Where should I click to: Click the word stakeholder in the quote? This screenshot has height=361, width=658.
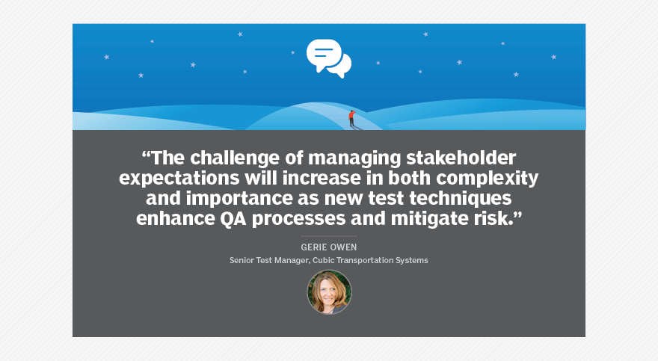click(x=461, y=158)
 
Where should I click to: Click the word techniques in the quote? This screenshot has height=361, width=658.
click(x=461, y=199)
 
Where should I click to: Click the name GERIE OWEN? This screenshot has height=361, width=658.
click(x=328, y=247)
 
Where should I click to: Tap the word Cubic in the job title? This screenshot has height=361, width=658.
click(x=323, y=260)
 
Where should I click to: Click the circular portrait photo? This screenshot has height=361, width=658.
click(x=329, y=291)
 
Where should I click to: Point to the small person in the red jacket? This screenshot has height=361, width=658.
click(x=351, y=118)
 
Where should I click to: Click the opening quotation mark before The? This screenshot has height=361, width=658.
click(x=146, y=154)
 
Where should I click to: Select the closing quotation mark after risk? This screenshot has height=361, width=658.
click(x=518, y=215)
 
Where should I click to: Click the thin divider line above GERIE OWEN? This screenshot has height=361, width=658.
click(x=328, y=236)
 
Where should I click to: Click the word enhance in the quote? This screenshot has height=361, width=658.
click(x=176, y=219)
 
